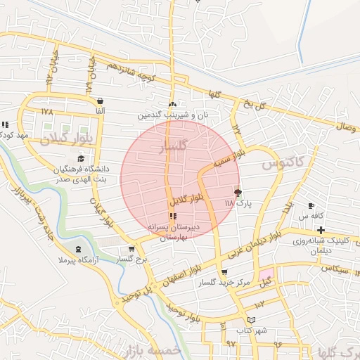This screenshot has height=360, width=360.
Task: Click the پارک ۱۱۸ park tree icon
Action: pos(237,191)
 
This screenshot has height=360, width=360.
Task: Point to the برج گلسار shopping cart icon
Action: pos(131,249)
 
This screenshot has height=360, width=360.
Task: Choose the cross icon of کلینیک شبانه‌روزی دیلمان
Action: pos(321,231)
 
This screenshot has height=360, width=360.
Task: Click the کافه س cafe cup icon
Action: pos(311,205)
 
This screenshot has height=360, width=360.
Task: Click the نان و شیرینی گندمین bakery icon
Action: pos(172,104)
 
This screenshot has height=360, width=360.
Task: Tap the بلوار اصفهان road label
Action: pos(185,271)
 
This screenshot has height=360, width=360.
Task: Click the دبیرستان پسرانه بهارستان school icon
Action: pos(173,215)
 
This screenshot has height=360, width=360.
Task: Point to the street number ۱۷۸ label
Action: pos(47,111)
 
